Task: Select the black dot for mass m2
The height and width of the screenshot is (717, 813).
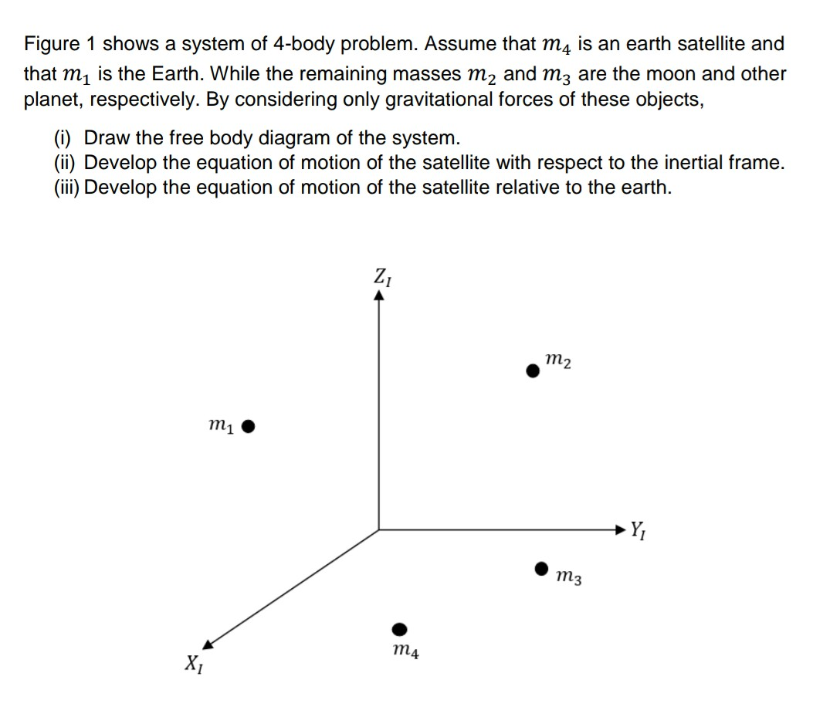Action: click(533, 371)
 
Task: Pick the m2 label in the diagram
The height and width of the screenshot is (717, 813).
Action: click(558, 360)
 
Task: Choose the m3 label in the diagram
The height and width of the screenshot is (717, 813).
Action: click(568, 575)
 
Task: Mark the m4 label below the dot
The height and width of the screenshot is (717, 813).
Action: click(405, 652)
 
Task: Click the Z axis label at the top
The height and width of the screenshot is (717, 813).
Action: click(382, 276)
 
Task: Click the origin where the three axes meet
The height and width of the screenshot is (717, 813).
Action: click(378, 529)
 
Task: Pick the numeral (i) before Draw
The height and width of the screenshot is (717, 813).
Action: click(63, 138)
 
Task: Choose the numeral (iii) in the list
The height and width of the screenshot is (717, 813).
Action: click(66, 188)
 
